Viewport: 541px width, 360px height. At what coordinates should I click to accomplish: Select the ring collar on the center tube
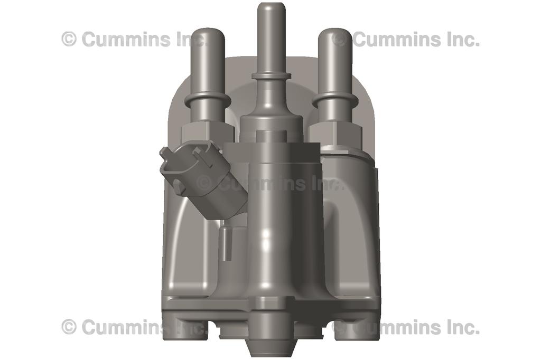271,76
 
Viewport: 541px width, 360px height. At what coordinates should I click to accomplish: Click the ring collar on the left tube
208,100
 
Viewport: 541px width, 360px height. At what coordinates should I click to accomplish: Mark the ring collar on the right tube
335,100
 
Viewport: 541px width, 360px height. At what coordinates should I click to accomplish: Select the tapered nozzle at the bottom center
271,343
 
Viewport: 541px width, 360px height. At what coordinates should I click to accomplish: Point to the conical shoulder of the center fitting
271,103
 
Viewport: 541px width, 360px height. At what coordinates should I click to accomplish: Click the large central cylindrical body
271,222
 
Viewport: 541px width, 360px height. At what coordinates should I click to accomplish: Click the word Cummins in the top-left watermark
126,39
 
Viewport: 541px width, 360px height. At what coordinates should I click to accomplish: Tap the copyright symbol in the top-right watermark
340,39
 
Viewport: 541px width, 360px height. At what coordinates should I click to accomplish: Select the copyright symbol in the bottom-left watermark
69,327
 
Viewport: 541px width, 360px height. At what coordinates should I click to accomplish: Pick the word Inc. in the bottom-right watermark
460,327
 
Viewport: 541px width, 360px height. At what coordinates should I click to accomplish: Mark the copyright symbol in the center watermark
204,183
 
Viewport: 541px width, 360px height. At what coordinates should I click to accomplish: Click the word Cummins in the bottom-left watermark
126,327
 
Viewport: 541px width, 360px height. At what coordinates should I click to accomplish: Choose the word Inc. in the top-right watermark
460,39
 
